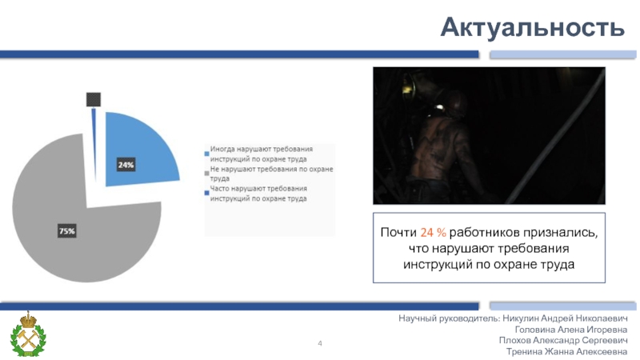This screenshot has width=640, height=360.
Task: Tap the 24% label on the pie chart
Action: [126, 165]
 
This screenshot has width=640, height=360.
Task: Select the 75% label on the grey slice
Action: [66, 231]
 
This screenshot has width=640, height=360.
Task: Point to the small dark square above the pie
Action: [93, 99]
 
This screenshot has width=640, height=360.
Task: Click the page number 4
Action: [320, 343]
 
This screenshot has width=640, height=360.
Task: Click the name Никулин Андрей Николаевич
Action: [566, 318]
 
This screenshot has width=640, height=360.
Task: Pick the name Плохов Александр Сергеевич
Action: [563, 341]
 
